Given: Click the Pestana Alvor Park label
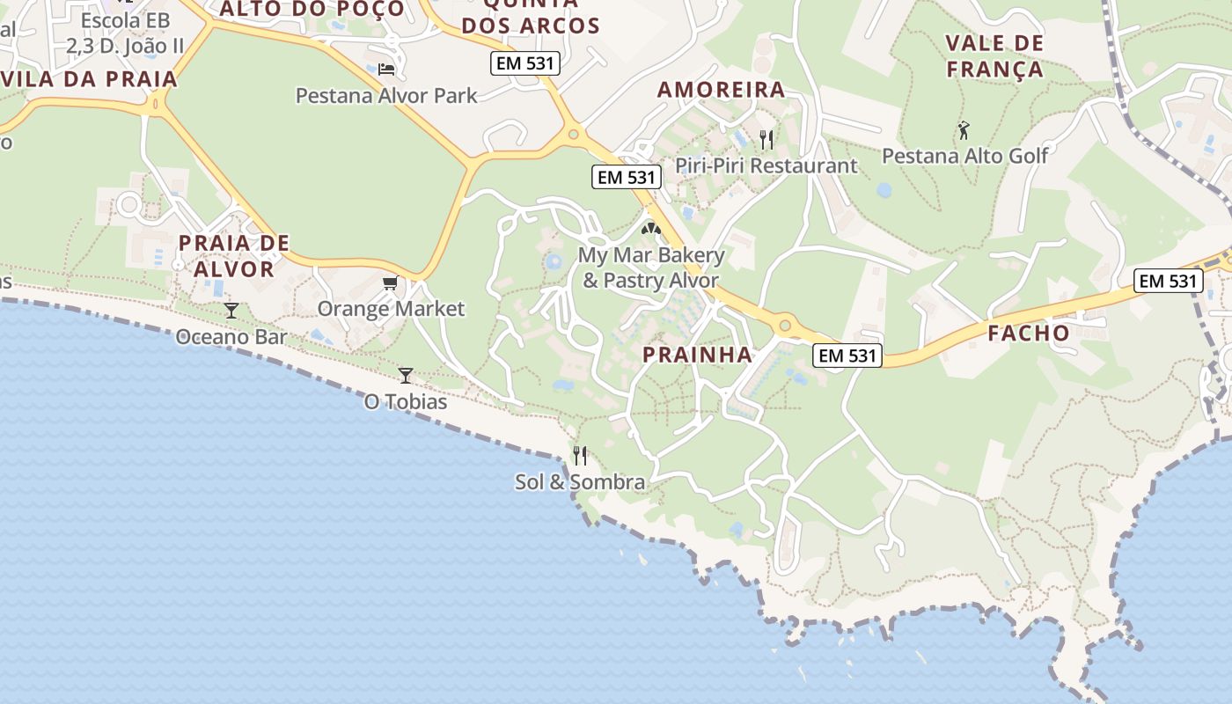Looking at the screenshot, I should point(386,95).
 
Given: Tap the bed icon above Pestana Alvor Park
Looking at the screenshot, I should point(386,69).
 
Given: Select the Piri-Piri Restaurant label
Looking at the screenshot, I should point(766,165).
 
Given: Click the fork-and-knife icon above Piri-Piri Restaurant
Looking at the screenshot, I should point(766,139).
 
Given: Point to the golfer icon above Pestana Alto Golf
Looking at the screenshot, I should point(964,130).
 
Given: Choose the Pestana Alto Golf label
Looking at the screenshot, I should point(965,156).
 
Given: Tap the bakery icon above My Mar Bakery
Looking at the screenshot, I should point(650,229).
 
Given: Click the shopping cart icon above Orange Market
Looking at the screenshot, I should point(390,282).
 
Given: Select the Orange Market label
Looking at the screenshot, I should point(391,309).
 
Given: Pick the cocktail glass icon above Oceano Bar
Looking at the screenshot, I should point(231,310).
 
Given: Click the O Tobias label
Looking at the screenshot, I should point(406,402).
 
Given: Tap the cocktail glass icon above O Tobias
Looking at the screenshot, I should point(406,376).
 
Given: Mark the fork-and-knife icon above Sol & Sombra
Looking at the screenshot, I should point(580,455).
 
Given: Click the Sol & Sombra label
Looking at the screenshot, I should point(580,482).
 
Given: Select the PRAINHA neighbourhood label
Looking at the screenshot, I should point(697,355).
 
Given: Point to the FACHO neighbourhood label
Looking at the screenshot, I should point(1028,333).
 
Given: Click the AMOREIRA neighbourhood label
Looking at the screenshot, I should point(721,89).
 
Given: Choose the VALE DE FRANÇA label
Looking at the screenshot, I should point(994,55).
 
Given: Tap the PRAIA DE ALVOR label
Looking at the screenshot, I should point(234,255).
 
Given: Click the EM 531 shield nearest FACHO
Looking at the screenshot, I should point(1167,281).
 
